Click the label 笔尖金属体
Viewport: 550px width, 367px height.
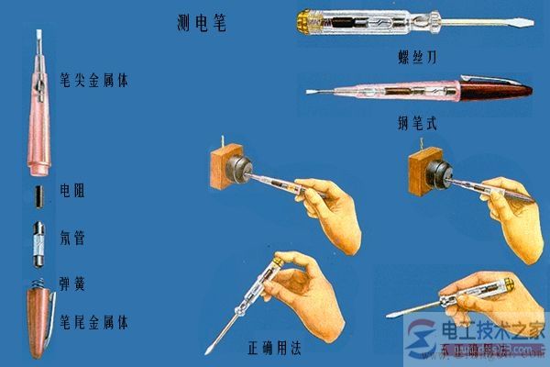click(93, 81)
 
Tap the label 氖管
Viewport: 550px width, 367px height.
click(71, 234)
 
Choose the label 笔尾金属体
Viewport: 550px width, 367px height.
click(94, 323)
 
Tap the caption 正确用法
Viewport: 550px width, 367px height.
click(274, 349)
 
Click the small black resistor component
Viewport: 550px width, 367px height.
click(38, 195)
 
